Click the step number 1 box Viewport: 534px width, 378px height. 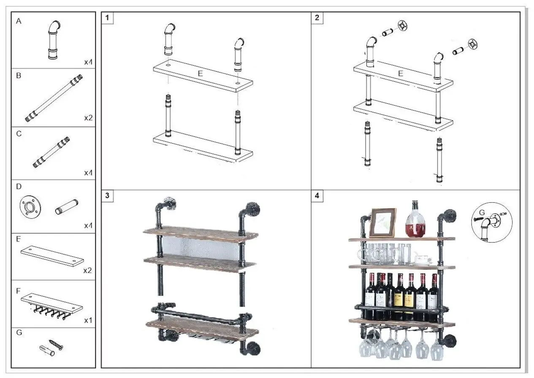108,18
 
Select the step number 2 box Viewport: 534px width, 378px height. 317,18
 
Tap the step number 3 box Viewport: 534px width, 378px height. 108,196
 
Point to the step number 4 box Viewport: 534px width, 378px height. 317,196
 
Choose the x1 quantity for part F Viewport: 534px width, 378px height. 88,321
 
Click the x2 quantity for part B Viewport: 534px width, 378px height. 88,117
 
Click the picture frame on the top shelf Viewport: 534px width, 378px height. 383,223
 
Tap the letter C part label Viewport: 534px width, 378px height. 19,134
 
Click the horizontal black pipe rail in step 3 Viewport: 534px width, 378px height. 198,316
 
